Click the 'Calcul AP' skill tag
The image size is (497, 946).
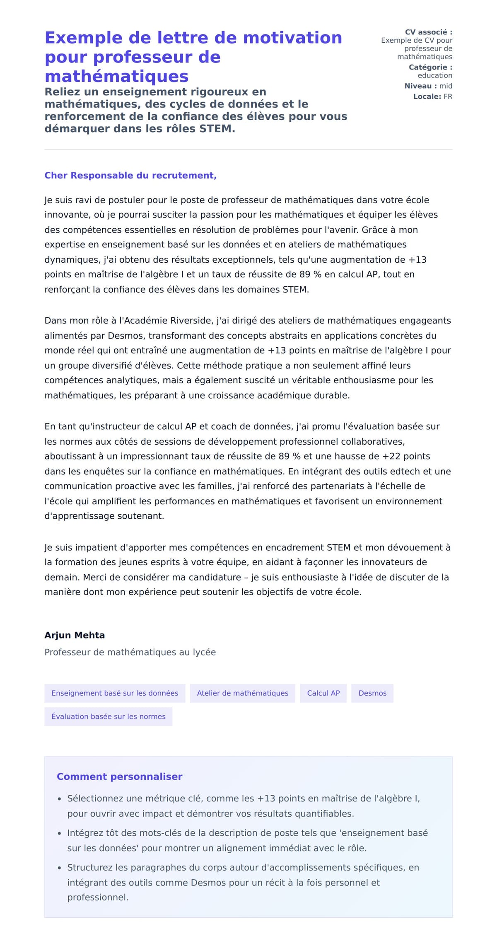click(323, 693)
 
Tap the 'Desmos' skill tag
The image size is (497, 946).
click(372, 693)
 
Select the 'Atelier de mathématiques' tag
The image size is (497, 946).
click(242, 693)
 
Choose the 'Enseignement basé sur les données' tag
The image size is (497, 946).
click(115, 693)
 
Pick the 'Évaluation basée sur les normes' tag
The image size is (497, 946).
click(108, 716)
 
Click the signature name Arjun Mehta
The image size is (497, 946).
click(75, 635)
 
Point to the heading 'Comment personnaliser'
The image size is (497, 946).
click(119, 777)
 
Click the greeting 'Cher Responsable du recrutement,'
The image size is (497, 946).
click(130, 175)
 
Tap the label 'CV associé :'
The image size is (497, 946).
click(428, 32)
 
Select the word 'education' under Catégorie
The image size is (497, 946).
click(434, 75)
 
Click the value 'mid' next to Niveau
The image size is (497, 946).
click(446, 86)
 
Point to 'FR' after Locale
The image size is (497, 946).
click(448, 97)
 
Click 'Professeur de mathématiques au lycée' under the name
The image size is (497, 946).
click(130, 652)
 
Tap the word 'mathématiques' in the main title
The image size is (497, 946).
click(116, 77)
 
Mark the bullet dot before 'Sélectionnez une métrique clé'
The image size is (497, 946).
click(60, 799)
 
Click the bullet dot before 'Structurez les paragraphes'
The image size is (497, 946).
click(60, 868)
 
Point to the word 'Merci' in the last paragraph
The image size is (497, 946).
click(95, 577)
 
